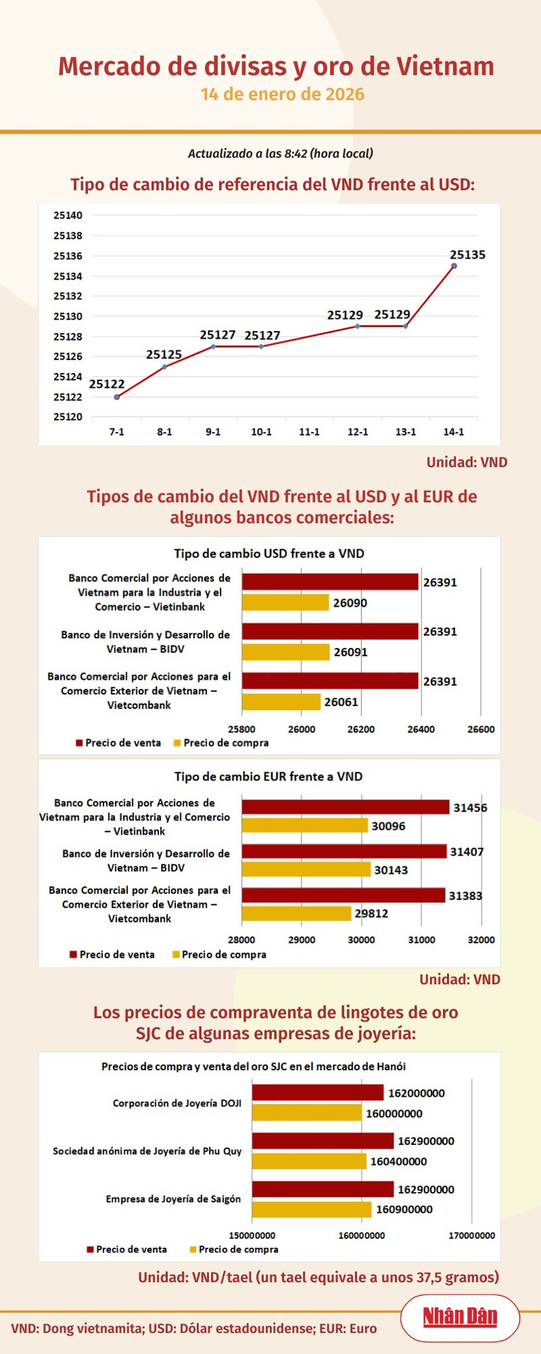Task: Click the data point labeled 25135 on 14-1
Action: point(454,266)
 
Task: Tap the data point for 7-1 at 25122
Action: point(117,397)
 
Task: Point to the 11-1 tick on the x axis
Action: point(310,432)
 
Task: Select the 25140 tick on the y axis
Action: point(68,215)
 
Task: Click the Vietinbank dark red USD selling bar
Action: point(329,582)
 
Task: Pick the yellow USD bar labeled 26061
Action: point(281,702)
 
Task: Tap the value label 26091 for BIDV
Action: point(351,652)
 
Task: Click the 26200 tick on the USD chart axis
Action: point(361,729)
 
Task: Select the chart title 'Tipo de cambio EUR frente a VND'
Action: point(268,776)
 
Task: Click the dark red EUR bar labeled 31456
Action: point(345,808)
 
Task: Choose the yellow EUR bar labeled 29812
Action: point(296,913)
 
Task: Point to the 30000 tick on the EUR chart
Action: point(362,939)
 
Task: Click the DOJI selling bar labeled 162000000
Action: point(318,1093)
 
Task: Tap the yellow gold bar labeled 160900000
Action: point(312,1209)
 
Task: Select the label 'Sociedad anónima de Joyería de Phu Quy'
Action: point(147,1151)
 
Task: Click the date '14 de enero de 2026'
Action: point(282,94)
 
